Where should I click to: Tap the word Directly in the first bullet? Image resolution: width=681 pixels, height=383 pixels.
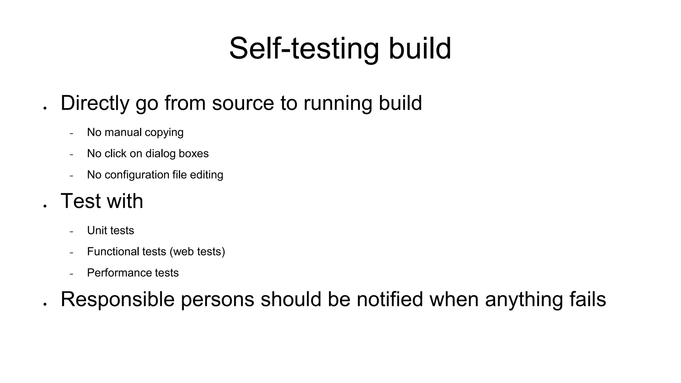click(95, 103)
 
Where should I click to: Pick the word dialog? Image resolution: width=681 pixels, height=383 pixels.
click(160, 154)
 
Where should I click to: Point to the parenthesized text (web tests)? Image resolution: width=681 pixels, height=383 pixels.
click(197, 252)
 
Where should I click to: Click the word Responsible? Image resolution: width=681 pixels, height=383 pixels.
click(117, 299)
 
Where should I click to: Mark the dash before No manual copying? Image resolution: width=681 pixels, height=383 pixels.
click(71, 134)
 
